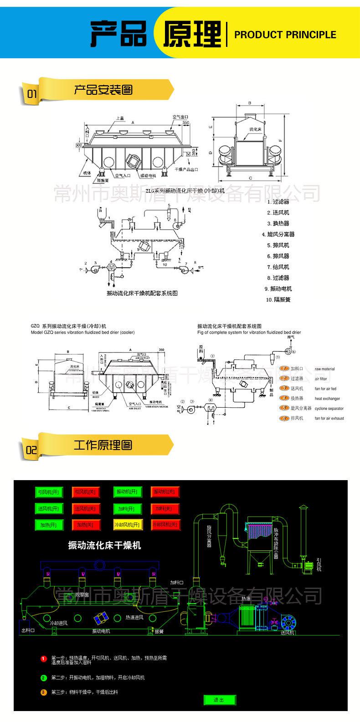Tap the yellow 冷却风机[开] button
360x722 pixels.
[x=128, y=524]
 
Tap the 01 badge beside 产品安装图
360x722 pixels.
[x=31, y=94]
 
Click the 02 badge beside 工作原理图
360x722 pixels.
[x=31, y=450]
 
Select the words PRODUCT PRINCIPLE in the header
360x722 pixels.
[x=285, y=35]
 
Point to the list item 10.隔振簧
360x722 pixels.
[x=278, y=300]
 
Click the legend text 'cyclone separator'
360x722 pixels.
[x=329, y=409]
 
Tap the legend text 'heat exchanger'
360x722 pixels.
[x=327, y=399]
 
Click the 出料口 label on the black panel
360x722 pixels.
[x=28, y=630]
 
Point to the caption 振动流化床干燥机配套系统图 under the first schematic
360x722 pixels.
[x=142, y=293]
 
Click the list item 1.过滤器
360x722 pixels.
[x=278, y=201]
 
